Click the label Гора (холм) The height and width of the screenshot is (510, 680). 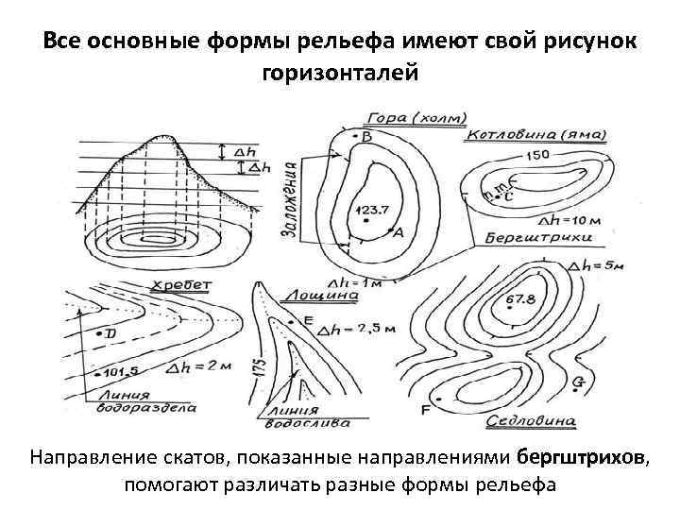414,118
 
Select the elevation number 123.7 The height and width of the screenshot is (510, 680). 368,210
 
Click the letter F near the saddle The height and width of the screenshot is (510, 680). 424,410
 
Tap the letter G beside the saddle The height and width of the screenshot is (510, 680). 578,382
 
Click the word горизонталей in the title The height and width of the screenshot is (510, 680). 339,72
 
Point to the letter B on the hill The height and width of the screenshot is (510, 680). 366,138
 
